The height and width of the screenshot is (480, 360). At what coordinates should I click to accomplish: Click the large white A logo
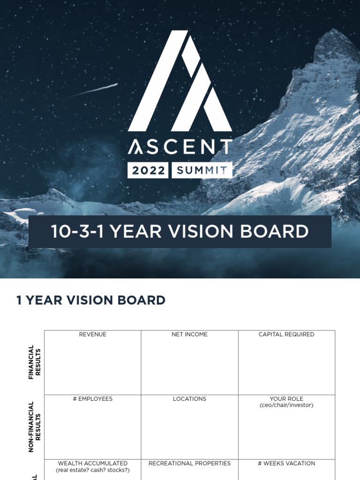(x=180, y=82)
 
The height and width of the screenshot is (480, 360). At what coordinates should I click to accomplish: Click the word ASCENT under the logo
(x=180, y=147)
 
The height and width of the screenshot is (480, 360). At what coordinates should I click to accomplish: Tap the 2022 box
(x=148, y=171)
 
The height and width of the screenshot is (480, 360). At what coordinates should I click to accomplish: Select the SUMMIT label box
(x=202, y=171)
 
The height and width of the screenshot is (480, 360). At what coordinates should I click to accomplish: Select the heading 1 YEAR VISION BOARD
(x=91, y=300)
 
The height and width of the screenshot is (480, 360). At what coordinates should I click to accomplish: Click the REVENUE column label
(x=93, y=334)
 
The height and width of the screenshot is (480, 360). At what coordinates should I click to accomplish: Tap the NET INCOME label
(x=189, y=334)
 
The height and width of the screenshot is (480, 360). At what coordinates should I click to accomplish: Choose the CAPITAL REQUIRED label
(x=286, y=334)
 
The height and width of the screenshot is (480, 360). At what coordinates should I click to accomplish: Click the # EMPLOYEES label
(x=93, y=399)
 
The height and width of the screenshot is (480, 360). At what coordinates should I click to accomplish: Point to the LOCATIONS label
(x=189, y=399)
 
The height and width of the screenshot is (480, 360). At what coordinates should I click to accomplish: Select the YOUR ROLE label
(x=286, y=399)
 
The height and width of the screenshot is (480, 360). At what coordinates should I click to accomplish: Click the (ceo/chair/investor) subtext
(x=286, y=405)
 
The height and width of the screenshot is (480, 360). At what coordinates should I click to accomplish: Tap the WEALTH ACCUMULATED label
(x=93, y=463)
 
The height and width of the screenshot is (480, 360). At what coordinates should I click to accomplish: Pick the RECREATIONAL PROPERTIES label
(x=189, y=463)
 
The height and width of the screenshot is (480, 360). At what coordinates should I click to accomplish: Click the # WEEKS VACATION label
(x=286, y=463)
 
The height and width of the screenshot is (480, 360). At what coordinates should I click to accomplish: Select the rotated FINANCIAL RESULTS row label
(x=35, y=362)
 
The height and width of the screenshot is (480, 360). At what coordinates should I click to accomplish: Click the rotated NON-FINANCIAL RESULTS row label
(x=35, y=427)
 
